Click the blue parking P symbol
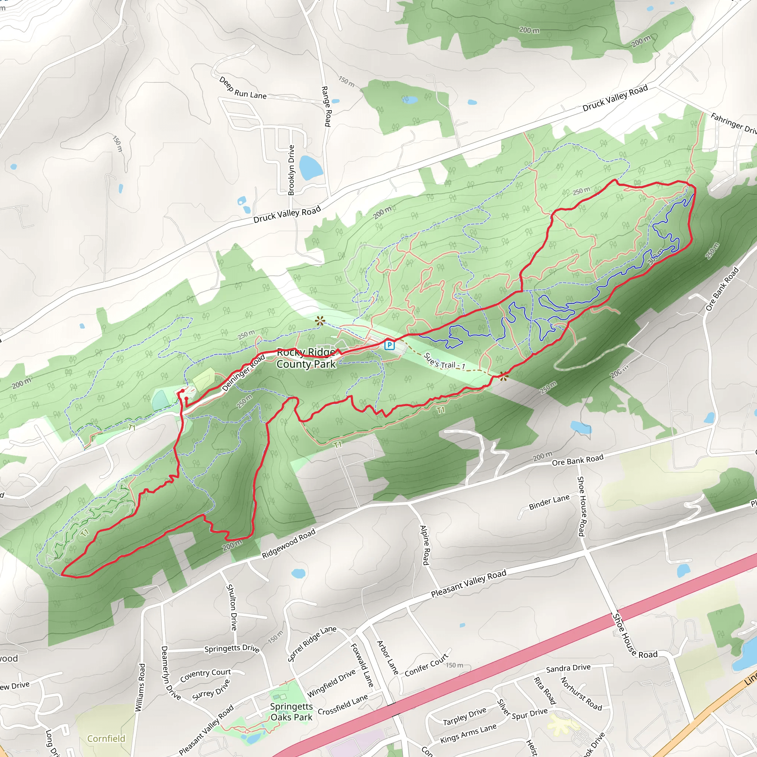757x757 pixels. [x=389, y=345]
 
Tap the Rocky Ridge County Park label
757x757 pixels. [x=306, y=358]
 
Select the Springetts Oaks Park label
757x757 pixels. [x=292, y=712]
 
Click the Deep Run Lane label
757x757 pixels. [x=243, y=88]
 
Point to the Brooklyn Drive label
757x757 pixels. [x=291, y=170]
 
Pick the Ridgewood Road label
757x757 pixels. [x=288, y=544]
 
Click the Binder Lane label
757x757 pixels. [x=549, y=502]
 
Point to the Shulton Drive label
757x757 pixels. [x=231, y=607]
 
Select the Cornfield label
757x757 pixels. [x=106, y=738]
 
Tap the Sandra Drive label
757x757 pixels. [x=568, y=668]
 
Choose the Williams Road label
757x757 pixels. [x=140, y=687]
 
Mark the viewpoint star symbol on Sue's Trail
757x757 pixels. [x=503, y=377]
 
